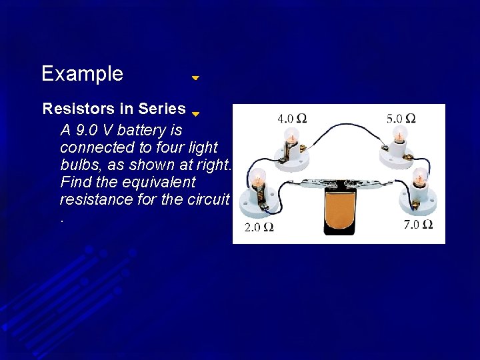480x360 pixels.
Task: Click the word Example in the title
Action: tap(82, 73)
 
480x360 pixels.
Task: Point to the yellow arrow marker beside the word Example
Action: tap(195, 78)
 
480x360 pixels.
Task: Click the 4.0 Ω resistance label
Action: tap(292, 119)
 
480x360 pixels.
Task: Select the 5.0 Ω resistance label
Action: tap(401, 119)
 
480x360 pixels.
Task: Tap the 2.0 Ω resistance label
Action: tap(259, 227)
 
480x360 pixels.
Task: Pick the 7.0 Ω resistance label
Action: tap(419, 224)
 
